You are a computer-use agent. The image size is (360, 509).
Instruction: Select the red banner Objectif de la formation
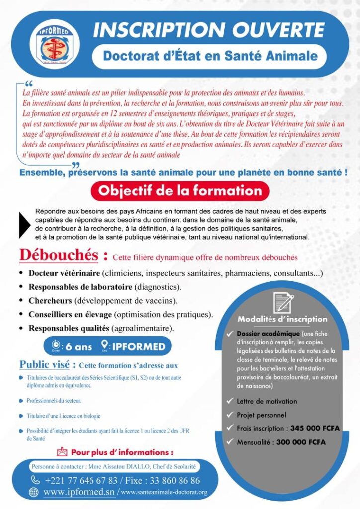pyautogui.click(x=180, y=190)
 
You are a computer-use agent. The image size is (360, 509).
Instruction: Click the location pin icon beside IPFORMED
pyautogui.click(x=105, y=345)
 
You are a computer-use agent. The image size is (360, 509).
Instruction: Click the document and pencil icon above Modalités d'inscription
pyautogui.click(x=282, y=303)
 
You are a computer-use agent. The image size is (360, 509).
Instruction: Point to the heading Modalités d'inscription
pyautogui.click(x=282, y=319)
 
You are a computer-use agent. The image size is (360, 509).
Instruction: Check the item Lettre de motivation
pyautogui.click(x=267, y=401)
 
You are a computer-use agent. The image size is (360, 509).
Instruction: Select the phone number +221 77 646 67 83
pyautogui.click(x=81, y=480)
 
